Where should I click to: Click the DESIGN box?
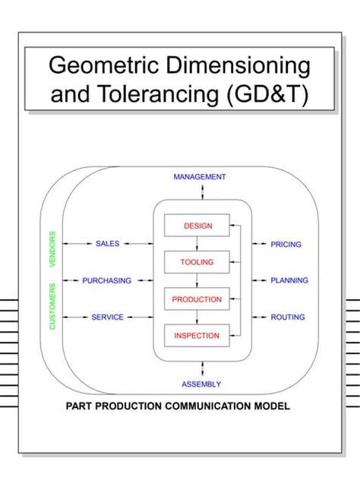(197, 226)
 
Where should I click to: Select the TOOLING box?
(197, 262)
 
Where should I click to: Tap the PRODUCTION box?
(197, 299)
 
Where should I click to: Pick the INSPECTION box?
(197, 336)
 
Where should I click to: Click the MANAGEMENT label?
(199, 177)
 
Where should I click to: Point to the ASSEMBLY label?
(201, 384)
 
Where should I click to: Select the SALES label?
(107, 244)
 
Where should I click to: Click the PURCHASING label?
(107, 280)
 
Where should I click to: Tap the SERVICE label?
(107, 317)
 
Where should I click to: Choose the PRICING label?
(286, 245)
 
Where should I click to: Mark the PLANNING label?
(289, 280)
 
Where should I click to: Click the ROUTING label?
(288, 317)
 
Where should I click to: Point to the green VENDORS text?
(53, 249)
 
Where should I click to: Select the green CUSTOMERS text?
(53, 306)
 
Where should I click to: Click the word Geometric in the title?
(106, 65)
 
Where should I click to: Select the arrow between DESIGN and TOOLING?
(197, 244)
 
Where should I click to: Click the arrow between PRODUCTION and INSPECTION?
(197, 317)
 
